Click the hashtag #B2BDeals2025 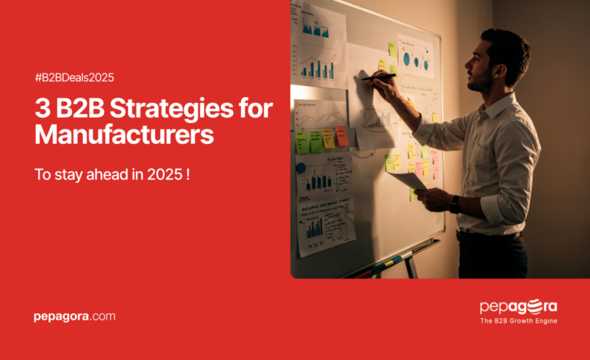click(74, 77)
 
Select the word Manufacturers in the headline click(124, 135)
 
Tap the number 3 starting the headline click(42, 109)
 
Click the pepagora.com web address click(74, 317)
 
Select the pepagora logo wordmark click(518, 306)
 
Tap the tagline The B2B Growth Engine click(518, 321)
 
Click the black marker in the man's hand click(377, 76)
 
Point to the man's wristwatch click(455, 204)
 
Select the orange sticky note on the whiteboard click(341, 135)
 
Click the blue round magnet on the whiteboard click(301, 168)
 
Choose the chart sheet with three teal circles click(416, 57)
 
